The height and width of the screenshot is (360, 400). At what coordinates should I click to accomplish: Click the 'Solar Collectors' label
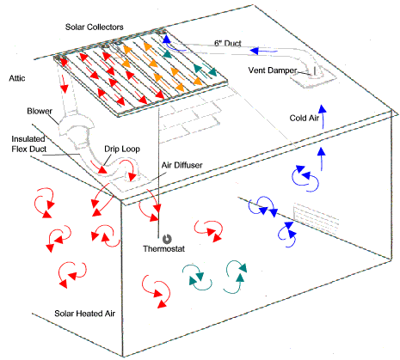coord(95,27)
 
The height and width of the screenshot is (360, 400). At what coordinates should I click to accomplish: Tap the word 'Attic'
coord(17,78)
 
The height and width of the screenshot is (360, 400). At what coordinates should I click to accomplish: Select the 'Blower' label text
coord(40,111)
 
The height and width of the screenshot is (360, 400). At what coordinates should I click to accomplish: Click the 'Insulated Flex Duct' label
coord(28,144)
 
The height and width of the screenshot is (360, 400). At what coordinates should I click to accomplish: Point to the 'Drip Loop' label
coord(122,149)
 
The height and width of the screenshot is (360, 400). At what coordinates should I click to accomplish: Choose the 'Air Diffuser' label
coord(182,165)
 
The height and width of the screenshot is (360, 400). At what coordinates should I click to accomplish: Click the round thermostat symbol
coord(167,239)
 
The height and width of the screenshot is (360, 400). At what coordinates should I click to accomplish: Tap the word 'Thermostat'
coord(164,248)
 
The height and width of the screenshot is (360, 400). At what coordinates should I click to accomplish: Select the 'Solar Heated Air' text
coord(84,314)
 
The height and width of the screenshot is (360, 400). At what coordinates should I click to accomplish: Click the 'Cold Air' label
coord(304,118)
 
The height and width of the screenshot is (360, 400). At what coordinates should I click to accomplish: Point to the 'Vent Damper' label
coord(273,70)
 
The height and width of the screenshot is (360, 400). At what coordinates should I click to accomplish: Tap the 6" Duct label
coord(228,43)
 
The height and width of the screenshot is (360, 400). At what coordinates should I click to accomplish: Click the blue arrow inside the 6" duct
coord(263,52)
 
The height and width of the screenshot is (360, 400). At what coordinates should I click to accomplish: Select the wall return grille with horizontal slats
coord(316,219)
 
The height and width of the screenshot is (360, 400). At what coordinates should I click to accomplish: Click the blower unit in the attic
coord(77,128)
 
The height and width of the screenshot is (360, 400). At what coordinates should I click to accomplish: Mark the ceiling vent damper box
coord(315,77)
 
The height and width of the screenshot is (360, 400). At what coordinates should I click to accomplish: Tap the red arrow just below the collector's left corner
coord(65,82)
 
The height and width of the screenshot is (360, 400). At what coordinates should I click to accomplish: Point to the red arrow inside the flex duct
coord(99,168)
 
